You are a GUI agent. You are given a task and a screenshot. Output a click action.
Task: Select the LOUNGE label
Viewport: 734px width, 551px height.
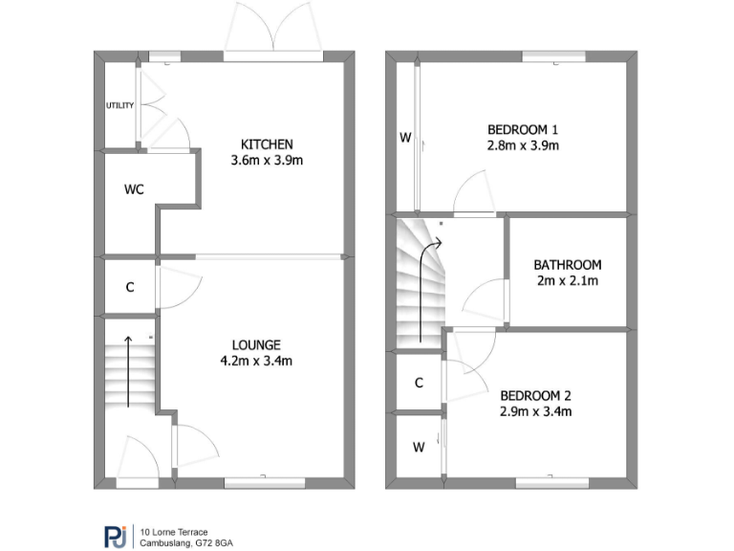(255, 344)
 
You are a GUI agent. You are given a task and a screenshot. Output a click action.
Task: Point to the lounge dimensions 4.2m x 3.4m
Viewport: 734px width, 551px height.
(255, 361)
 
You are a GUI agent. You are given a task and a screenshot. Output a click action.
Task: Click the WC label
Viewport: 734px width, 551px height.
(134, 189)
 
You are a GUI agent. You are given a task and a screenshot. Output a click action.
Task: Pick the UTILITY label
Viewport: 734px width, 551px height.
(119, 105)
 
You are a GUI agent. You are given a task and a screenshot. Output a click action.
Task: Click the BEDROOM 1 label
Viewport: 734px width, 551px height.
(523, 130)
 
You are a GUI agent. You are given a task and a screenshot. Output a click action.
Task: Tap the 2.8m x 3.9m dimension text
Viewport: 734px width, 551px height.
(523, 146)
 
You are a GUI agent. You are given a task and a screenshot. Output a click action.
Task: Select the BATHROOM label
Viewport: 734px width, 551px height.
(568, 265)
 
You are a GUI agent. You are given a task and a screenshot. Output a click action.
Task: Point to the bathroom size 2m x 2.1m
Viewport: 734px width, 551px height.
(568, 281)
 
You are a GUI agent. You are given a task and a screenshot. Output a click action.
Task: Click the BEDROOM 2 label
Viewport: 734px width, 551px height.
(535, 395)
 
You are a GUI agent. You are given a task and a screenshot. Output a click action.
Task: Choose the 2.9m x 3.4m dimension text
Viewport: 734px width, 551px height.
(535, 411)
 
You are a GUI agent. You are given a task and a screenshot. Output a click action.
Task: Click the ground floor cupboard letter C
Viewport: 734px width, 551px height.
(130, 287)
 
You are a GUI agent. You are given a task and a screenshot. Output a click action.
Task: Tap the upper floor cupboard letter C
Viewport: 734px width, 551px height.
(419, 383)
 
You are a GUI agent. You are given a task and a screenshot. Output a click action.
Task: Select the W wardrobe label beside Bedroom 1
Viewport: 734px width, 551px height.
(404, 139)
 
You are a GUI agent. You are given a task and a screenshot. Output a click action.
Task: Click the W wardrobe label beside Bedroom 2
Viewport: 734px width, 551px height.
(419, 447)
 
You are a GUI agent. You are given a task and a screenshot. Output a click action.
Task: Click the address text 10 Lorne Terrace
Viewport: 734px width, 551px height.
(174, 531)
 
